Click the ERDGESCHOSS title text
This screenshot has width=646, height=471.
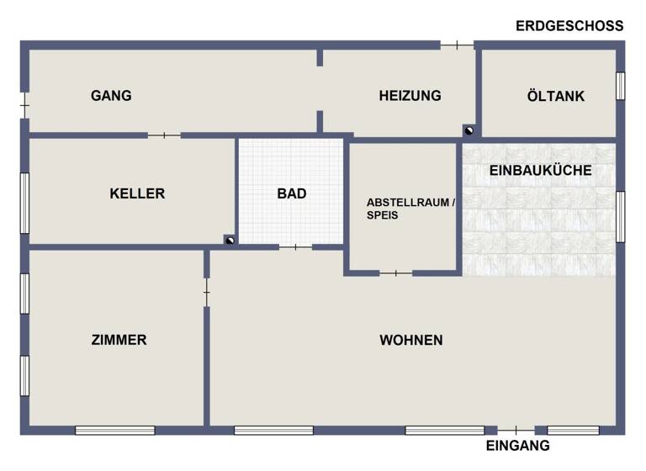tap(569, 25)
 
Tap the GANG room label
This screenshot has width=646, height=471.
tap(111, 96)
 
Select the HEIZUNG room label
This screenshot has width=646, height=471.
tap(410, 96)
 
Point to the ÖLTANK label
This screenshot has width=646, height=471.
tap(555, 96)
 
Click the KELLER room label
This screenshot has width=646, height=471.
tap(137, 193)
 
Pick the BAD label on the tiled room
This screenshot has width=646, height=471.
tap(292, 193)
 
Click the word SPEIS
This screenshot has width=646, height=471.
tap(382, 215)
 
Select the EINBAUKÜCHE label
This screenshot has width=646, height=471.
tap(540, 170)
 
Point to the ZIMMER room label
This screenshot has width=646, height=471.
tap(119, 340)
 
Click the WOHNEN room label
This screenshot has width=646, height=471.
tap(411, 340)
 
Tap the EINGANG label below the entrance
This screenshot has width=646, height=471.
tap(518, 446)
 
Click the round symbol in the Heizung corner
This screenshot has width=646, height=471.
tap(469, 130)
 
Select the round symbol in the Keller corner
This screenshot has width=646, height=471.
tap(229, 240)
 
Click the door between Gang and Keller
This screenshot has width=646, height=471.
tap(164, 135)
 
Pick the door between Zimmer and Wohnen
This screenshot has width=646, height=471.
tap(206, 292)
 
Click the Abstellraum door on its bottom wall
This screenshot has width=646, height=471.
tap(395, 273)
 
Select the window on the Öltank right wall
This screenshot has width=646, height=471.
tap(620, 86)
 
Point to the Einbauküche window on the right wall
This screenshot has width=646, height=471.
tap(620, 216)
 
